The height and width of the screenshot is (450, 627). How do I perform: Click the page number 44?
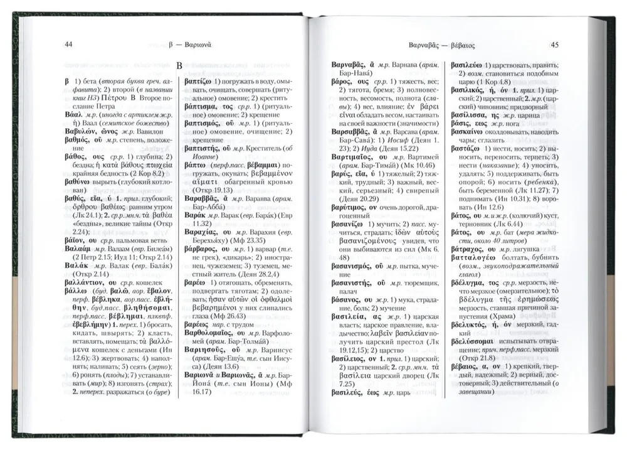(69, 44)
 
